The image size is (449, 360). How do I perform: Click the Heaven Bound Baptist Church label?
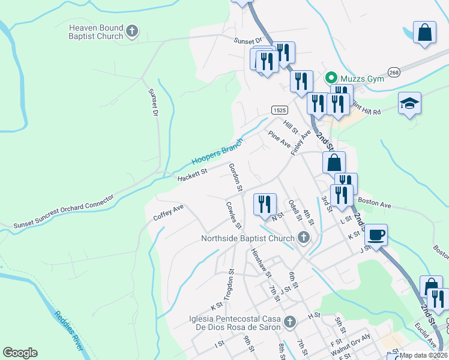coord(96,32)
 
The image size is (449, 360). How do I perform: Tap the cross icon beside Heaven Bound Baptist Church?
coord(133,32)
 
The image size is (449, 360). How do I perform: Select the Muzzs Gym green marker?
coord(330,78)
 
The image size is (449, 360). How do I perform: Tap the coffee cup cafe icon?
coord(376,235)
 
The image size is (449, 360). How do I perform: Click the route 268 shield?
coord(394,72)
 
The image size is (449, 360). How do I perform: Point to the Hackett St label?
coord(192,175)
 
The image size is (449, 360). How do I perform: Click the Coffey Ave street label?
coord(168,212)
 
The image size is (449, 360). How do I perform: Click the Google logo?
coord(20,353)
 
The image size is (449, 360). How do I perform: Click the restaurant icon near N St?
coord(265,204)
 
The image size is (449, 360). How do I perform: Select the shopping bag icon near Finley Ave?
coord(334,162)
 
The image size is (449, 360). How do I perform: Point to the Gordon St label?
coord(235,177)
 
